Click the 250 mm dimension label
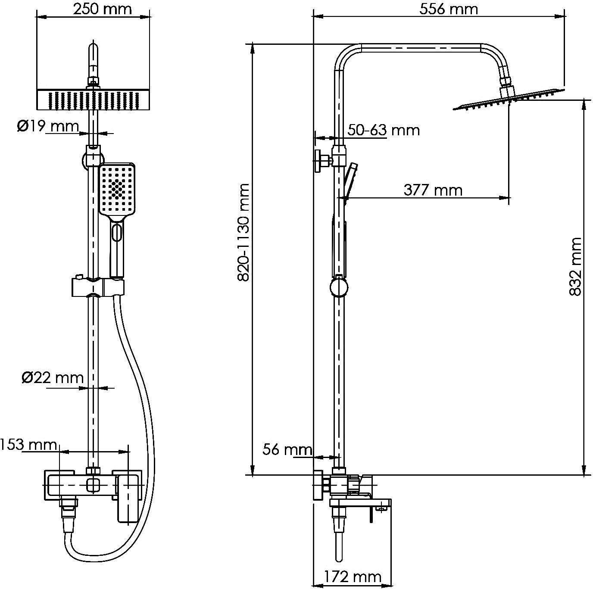click(x=102, y=9)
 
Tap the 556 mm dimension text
click(x=449, y=9)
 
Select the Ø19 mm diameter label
click(x=48, y=126)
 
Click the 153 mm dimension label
click(x=28, y=444)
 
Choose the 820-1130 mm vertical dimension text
click(x=243, y=233)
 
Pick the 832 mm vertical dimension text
click(x=576, y=266)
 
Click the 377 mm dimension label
click(x=433, y=190)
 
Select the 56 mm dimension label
click(x=287, y=449)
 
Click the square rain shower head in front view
click(x=94, y=100)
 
